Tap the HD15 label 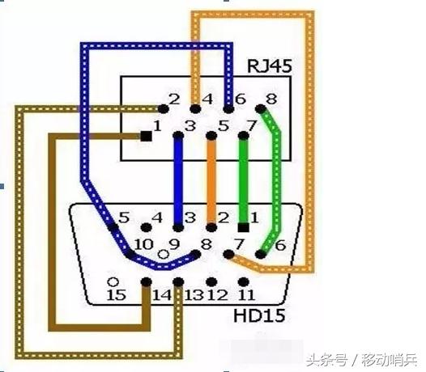tap(259, 314)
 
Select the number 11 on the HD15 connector tap(247, 296)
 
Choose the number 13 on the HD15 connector tap(193, 296)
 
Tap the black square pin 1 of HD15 tap(243, 228)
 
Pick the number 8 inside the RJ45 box tap(271, 99)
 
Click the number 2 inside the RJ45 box tap(173, 99)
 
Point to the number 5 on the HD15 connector tap(124, 217)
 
